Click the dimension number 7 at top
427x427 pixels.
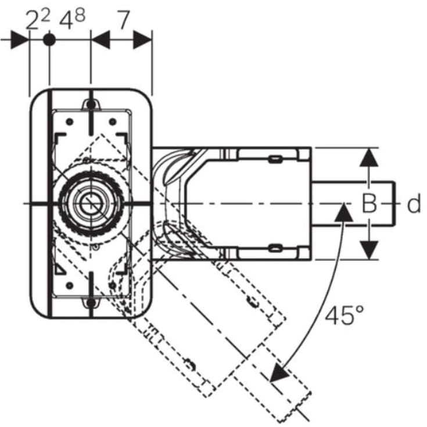[x=123, y=20]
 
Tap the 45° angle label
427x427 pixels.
[x=345, y=315]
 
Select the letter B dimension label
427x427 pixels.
[x=369, y=203]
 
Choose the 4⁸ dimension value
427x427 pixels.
[x=72, y=20]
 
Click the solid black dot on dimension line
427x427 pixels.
[x=49, y=40]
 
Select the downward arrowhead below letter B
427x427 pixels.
[x=369, y=250]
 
